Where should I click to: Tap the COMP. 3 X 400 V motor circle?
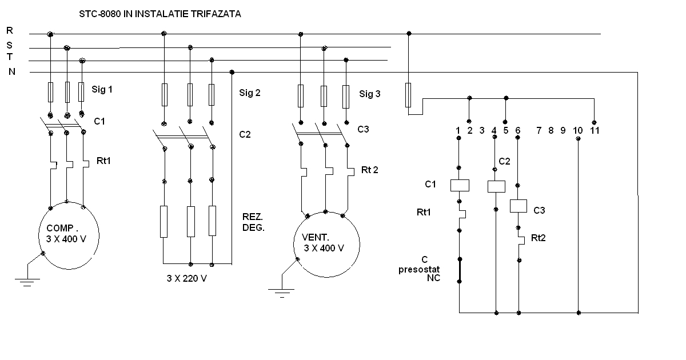[x=67, y=234]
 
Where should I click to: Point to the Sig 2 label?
[x=250, y=93]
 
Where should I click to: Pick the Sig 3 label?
[x=369, y=94]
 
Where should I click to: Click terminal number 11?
[x=595, y=131]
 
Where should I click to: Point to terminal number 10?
[x=578, y=131]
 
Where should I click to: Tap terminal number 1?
[x=458, y=131]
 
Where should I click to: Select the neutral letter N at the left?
[x=11, y=72]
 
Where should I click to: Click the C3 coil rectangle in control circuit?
[x=519, y=206]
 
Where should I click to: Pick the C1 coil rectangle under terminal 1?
[x=460, y=185]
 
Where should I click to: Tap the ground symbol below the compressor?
[x=27, y=281]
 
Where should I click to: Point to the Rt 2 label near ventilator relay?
[x=370, y=170]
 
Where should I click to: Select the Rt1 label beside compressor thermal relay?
[x=103, y=161]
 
